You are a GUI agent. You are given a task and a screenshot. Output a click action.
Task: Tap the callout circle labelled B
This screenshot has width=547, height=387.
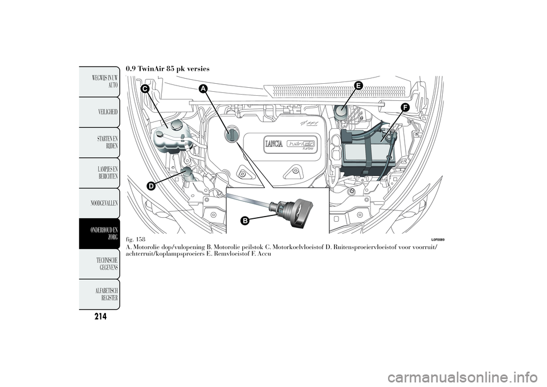click(x=245, y=221)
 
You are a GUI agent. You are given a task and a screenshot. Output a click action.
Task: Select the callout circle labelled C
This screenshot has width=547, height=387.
click(x=145, y=89)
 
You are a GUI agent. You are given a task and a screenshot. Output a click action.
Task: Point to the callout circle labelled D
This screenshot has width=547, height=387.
click(x=150, y=186)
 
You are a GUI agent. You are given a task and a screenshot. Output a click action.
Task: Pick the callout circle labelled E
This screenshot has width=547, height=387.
click(x=358, y=85)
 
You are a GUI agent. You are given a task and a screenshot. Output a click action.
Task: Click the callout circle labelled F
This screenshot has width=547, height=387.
click(x=405, y=108)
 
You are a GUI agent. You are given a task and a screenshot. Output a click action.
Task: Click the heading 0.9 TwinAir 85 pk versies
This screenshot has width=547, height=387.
click(x=168, y=69)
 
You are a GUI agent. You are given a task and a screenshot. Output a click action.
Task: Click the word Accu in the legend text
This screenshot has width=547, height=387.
click(x=264, y=254)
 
